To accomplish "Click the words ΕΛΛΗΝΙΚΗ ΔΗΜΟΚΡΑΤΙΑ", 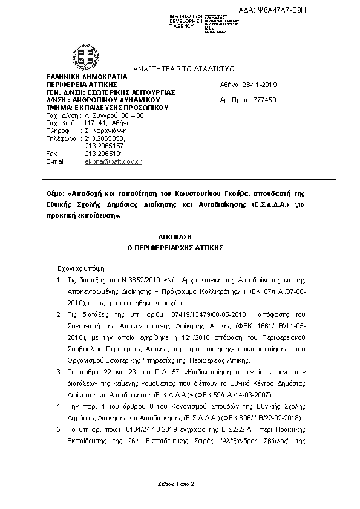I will click(x=80, y=77).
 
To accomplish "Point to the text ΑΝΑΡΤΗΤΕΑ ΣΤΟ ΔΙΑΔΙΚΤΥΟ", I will click(x=179, y=68).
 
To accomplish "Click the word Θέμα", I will click(x=54, y=195).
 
